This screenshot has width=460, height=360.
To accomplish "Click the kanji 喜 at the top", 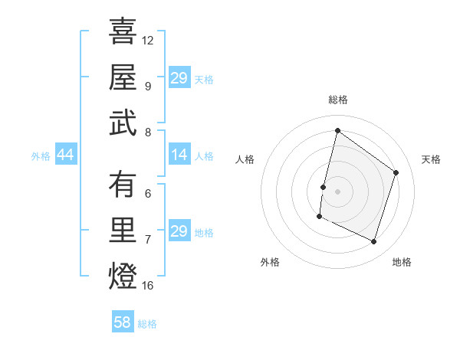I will pos(123,33).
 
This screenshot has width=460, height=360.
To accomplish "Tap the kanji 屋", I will pos(123,78).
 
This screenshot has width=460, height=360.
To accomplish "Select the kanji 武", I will pos(123,123).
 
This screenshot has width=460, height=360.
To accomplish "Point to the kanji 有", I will pos(123,185).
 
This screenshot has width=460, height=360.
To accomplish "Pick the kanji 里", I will pos(123,231).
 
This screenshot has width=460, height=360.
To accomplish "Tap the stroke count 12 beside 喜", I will pos(148,40).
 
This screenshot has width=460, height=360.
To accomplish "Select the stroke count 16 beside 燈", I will pos(148,286).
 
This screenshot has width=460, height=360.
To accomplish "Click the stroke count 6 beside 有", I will pos(147,193).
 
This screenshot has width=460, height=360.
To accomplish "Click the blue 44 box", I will pos(65,155).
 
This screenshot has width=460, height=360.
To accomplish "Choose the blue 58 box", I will pos(123,322).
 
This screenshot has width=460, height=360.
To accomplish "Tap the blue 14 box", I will pos(179,155).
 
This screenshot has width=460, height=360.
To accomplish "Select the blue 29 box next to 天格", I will pos(179,78).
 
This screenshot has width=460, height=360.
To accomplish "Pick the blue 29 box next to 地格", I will pos(179,231).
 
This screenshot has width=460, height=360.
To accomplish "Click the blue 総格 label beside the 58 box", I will pos(147,324).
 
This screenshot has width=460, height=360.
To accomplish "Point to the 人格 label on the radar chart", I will pos(245,159).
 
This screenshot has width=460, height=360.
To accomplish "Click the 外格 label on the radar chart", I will pos(270,262).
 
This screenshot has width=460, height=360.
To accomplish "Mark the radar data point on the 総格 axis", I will pos(337,131).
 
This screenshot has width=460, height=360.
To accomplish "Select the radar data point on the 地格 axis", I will pos(374,242).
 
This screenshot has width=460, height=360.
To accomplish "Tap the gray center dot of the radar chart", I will pos(337,191).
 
